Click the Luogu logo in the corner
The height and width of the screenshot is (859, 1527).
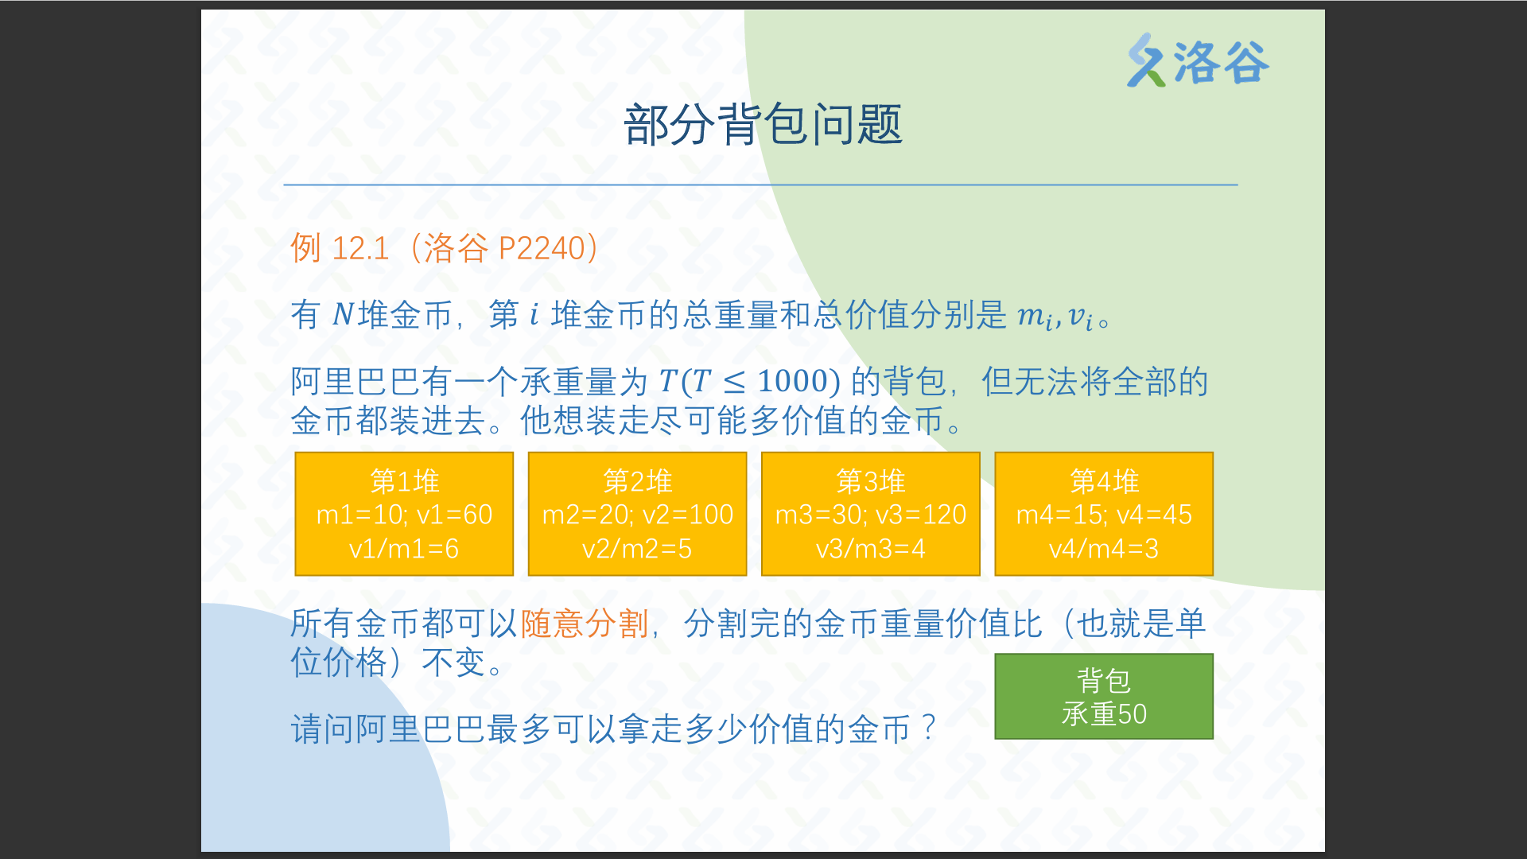(x=1197, y=61)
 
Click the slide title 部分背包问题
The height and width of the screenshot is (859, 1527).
(x=763, y=125)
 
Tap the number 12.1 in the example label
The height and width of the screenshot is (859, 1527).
(x=360, y=249)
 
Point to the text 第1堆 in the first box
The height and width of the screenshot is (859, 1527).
(x=404, y=481)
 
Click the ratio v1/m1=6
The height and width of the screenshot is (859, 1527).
(x=404, y=548)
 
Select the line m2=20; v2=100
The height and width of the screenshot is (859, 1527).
(x=637, y=515)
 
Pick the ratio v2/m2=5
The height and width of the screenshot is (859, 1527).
(x=637, y=548)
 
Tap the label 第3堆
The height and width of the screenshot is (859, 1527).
(x=870, y=481)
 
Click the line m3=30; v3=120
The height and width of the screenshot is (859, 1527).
(x=870, y=515)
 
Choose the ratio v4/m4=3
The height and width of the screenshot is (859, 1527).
(x=1104, y=548)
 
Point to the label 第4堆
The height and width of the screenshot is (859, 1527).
(x=1104, y=481)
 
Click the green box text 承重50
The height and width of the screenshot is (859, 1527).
(x=1104, y=713)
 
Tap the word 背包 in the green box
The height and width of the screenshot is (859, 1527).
(x=1104, y=680)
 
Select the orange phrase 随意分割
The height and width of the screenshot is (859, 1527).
(x=585, y=624)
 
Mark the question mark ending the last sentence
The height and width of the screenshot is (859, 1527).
(x=928, y=728)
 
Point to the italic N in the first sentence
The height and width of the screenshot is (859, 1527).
(x=343, y=315)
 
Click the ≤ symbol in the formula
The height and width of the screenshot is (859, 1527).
(x=734, y=383)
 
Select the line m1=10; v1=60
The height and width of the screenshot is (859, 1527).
(x=404, y=515)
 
